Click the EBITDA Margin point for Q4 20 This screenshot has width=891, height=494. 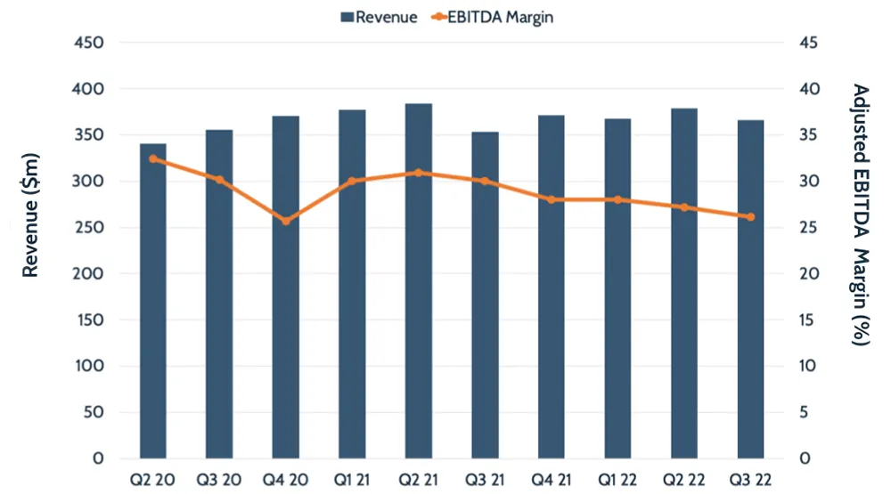click(x=286, y=220)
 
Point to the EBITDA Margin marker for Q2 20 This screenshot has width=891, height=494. click(x=153, y=158)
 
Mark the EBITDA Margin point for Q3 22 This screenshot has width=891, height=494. click(x=750, y=216)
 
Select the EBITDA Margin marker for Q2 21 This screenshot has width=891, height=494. click(x=419, y=173)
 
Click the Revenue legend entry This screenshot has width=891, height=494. click(x=378, y=17)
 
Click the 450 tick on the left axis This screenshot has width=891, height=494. click(x=92, y=43)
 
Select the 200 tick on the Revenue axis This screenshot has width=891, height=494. click(x=92, y=273)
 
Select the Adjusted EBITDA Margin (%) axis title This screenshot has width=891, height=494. click(x=860, y=215)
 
